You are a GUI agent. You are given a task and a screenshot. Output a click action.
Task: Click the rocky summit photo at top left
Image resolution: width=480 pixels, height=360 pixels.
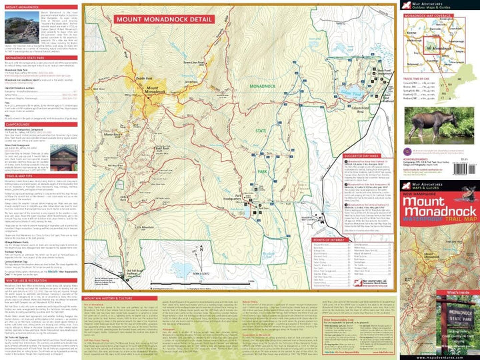19,23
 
